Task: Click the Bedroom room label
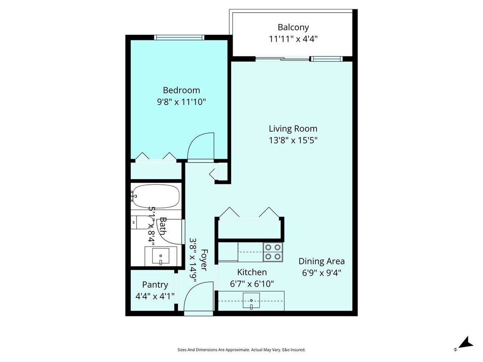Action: click(181, 90)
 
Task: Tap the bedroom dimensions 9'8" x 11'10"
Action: click(181, 101)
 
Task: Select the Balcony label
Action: click(293, 27)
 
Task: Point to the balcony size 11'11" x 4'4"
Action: click(293, 39)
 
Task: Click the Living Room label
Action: click(293, 128)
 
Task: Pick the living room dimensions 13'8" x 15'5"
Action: click(293, 140)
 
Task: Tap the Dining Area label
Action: click(321, 261)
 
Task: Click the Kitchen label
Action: click(251, 272)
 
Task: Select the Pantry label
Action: click(155, 285)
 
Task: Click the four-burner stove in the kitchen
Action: click(273, 252)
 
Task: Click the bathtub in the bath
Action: click(156, 196)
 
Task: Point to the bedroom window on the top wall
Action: click(179, 37)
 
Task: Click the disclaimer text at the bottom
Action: click(241, 350)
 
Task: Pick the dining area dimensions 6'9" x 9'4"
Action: click(321, 272)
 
